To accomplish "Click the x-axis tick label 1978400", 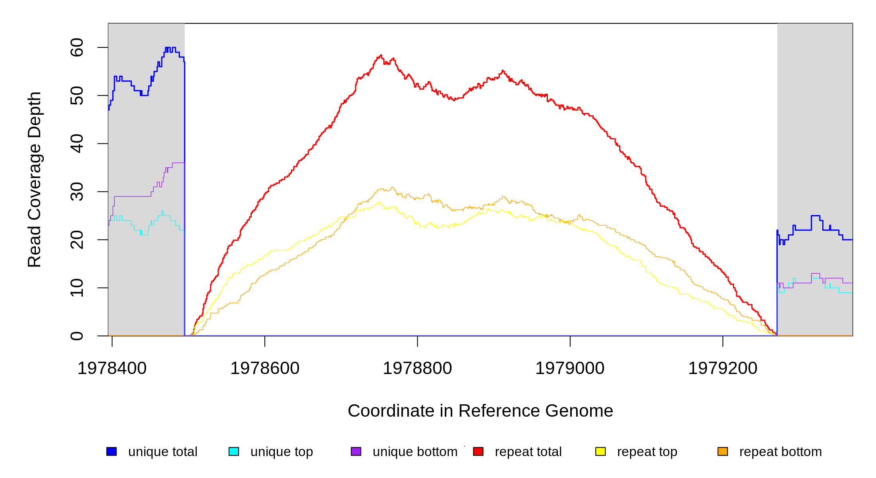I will click(112, 368).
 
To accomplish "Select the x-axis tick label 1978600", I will click(265, 368).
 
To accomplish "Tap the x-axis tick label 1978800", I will click(417, 368).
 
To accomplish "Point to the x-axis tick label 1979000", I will click(570, 368).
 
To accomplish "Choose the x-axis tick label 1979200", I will click(723, 368).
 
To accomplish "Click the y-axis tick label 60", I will click(77, 48).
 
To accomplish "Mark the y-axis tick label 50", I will click(77, 96).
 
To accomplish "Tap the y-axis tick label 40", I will click(77, 144).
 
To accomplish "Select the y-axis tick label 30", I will click(77, 192).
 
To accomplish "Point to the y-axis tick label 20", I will click(77, 240).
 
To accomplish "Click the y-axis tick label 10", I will click(77, 288).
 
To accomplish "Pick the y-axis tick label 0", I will click(77, 336).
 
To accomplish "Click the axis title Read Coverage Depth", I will click(35, 180).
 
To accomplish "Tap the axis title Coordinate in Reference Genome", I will click(480, 411).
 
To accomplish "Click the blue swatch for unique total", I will click(111, 451).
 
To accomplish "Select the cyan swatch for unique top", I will click(234, 451).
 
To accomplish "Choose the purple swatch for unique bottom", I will click(356, 451).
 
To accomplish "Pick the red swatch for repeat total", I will click(478, 451).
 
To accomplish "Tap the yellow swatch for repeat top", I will click(600, 451).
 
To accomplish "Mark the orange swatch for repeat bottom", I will click(723, 451).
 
